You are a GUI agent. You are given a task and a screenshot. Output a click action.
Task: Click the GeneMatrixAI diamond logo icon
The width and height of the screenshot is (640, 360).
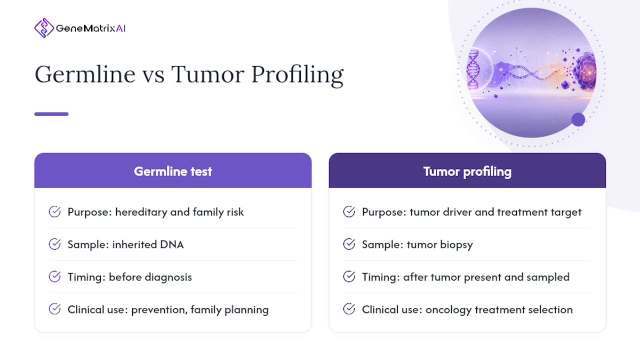coord(44,28)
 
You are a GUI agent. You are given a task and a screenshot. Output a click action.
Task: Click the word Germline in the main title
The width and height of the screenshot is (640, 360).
coord(85,74)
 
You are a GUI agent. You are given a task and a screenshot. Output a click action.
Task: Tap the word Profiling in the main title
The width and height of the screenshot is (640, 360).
coord(297,75)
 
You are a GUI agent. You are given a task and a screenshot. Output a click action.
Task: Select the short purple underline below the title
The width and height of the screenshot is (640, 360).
coord(51,114)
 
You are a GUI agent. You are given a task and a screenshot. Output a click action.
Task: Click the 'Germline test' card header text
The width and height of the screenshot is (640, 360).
coord(173,171)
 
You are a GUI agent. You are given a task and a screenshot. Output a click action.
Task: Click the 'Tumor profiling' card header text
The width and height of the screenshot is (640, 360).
coord(467,171)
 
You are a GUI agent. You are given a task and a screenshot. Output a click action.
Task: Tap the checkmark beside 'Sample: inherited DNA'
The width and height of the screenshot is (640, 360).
coord(54,244)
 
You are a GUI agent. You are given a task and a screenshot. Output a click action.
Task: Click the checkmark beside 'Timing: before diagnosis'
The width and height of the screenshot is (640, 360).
coord(54,276)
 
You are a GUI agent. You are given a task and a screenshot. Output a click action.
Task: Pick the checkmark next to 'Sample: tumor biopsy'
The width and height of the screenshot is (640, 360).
coord(349,244)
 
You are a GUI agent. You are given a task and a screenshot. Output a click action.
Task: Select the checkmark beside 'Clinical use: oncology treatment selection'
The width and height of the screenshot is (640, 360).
coord(349,309)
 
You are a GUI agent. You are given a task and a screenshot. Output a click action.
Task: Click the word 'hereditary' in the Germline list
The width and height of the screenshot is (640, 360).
coord(141,212)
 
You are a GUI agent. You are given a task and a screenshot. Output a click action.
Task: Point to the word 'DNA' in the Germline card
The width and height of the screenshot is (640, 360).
coord(171,244)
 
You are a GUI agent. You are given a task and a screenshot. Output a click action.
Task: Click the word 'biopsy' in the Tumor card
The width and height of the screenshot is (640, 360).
coord(456,245)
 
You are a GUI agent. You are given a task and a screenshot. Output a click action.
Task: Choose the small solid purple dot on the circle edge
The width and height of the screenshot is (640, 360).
coord(578,119)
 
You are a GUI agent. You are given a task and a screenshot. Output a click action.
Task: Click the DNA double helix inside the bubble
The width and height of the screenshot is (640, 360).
coord(473,69)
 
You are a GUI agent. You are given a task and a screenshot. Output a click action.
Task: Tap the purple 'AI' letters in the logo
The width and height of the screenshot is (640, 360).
coord(120,28)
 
